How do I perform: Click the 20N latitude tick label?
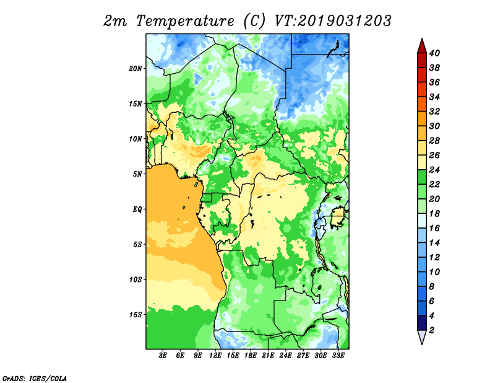click(x=136, y=69)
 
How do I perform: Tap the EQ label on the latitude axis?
click(x=137, y=209)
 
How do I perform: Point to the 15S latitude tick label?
click(x=136, y=315)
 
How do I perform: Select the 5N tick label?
click(x=137, y=174)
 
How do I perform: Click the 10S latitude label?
click(x=136, y=280)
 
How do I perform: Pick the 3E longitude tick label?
click(x=163, y=356)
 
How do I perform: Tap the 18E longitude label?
click(x=251, y=356)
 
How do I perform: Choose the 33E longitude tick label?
click(x=338, y=356)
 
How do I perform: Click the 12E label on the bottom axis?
click(x=215, y=356)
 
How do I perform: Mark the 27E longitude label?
click(x=303, y=356)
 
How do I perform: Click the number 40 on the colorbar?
click(x=434, y=53)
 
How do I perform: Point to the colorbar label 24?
click(x=434, y=170)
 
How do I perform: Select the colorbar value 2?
click(x=431, y=330)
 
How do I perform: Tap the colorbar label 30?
click(x=434, y=126)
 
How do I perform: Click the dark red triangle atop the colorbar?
click(x=422, y=46)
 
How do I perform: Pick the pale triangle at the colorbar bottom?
click(x=422, y=337)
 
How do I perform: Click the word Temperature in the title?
click(x=185, y=21)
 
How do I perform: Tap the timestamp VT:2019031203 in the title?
click(x=334, y=21)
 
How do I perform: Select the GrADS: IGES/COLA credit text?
click(x=35, y=378)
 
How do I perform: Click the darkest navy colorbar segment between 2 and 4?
click(x=422, y=323)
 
